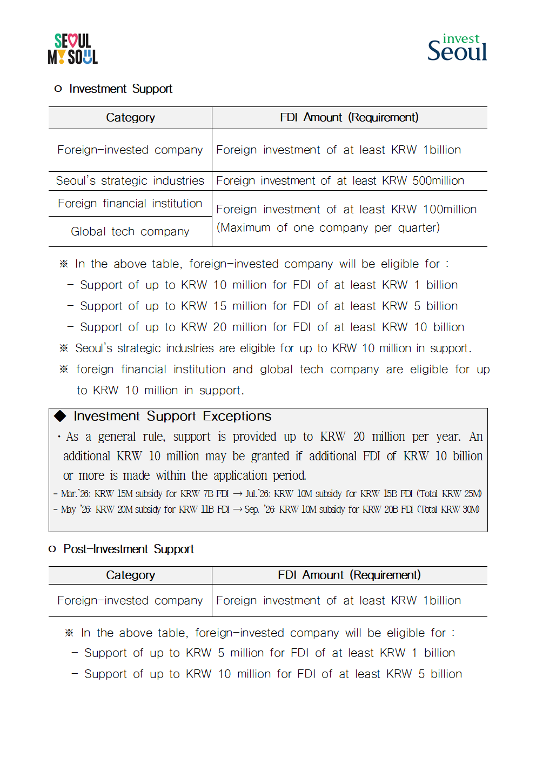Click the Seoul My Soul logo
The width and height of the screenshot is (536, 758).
point(72,49)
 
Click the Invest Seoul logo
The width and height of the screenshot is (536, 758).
point(457,48)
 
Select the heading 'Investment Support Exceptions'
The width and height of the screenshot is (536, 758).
point(172,416)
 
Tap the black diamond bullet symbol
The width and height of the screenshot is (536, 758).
point(60,415)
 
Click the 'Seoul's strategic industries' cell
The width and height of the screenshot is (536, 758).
point(130,180)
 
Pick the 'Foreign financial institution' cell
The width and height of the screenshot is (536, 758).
point(130,203)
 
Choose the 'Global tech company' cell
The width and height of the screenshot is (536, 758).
point(130,231)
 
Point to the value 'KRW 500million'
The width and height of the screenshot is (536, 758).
point(423,180)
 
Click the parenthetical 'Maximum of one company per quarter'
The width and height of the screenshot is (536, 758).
point(328,227)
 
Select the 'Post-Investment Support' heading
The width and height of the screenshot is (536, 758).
point(129,549)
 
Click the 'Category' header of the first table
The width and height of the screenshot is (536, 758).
point(130,117)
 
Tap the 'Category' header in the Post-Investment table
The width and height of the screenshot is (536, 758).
point(130,575)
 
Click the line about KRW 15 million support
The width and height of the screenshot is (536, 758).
point(269,306)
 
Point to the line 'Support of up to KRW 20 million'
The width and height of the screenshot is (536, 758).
point(272,327)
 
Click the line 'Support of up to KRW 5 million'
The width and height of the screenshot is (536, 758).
point(269,653)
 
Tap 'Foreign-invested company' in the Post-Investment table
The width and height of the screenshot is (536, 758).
point(130,600)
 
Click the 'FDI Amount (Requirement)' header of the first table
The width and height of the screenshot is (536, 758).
point(349,117)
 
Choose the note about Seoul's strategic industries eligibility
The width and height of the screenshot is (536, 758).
point(273,348)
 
